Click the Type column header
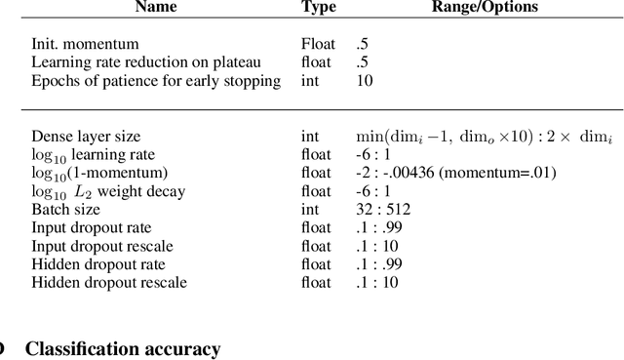(319, 8)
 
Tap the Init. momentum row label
(85, 44)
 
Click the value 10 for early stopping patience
(365, 81)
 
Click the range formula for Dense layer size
(484, 137)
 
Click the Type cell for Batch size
(310, 210)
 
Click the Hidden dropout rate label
(98, 264)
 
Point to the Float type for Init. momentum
(318, 44)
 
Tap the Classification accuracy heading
(123, 348)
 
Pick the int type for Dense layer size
(310, 137)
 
